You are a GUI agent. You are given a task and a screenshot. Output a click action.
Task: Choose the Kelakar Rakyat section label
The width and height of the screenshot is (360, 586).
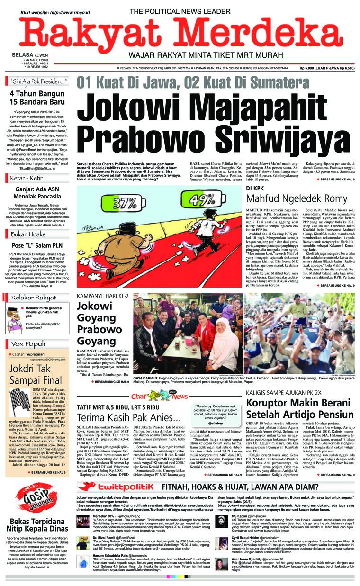point(33,298)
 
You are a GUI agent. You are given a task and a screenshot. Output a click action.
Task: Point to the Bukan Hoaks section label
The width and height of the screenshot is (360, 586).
point(27,234)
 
